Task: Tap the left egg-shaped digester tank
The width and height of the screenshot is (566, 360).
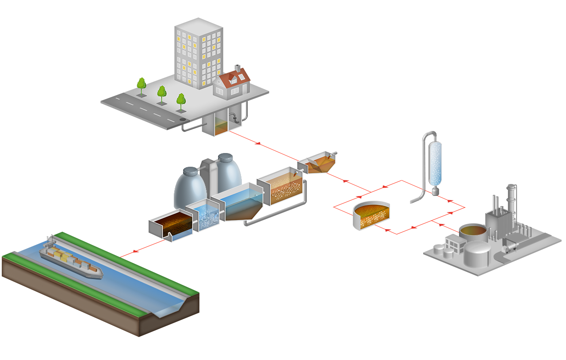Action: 190,188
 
